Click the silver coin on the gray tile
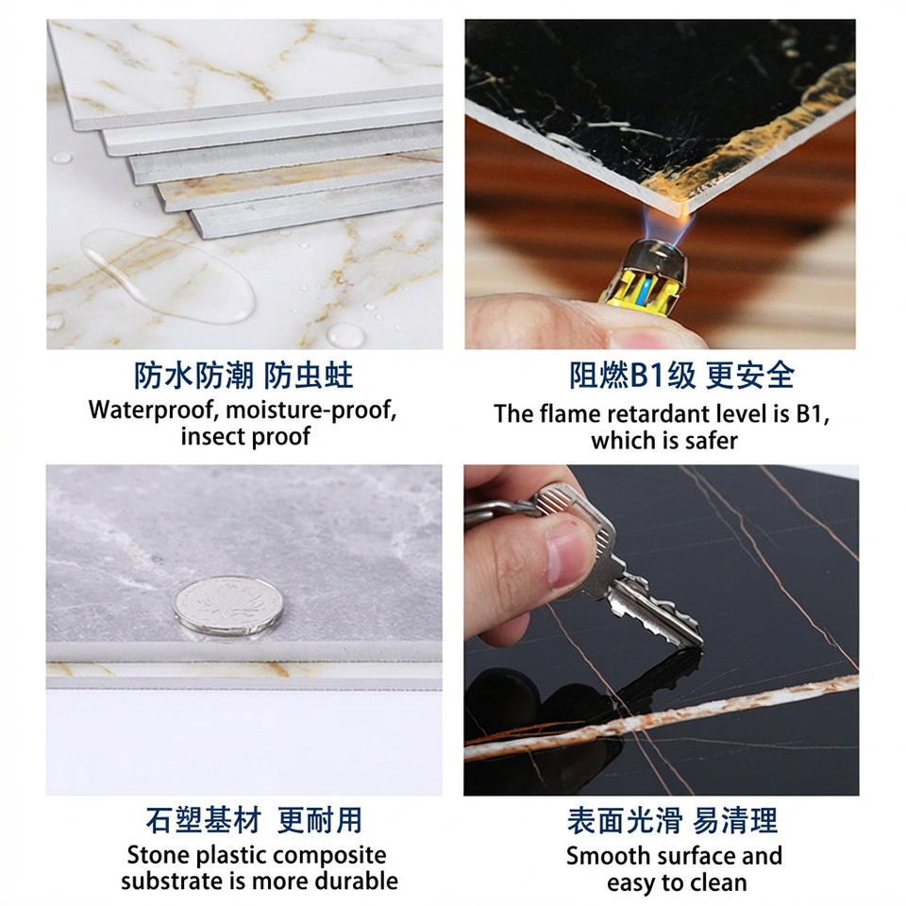pyautogui.click(x=228, y=606)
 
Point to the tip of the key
pyautogui.click(x=700, y=642)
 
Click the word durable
pyautogui.click(x=356, y=881)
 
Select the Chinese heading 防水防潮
pyautogui.click(x=193, y=376)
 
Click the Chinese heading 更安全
pyautogui.click(x=749, y=375)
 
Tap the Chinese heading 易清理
pyautogui.click(x=735, y=820)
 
